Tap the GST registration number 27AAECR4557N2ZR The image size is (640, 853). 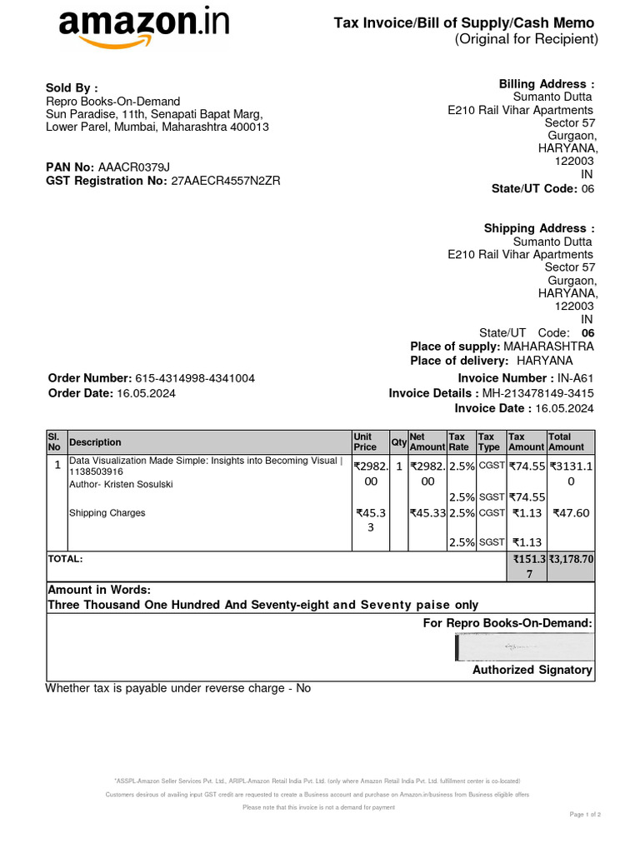[226, 181]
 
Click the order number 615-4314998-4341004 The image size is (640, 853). [201, 378]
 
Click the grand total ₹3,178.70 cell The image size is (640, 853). [571, 559]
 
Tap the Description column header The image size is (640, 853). [95, 442]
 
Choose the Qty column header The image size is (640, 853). [398, 442]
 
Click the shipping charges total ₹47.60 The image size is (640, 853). [571, 513]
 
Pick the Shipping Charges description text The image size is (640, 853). [107, 513]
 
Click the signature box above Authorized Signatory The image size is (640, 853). [524, 646]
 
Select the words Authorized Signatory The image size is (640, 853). [532, 670]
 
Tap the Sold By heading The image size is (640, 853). [72, 87]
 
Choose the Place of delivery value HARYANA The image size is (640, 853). [545, 361]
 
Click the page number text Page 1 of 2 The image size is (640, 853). [585, 814]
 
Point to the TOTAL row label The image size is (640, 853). [65, 559]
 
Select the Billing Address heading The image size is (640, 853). [547, 84]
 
